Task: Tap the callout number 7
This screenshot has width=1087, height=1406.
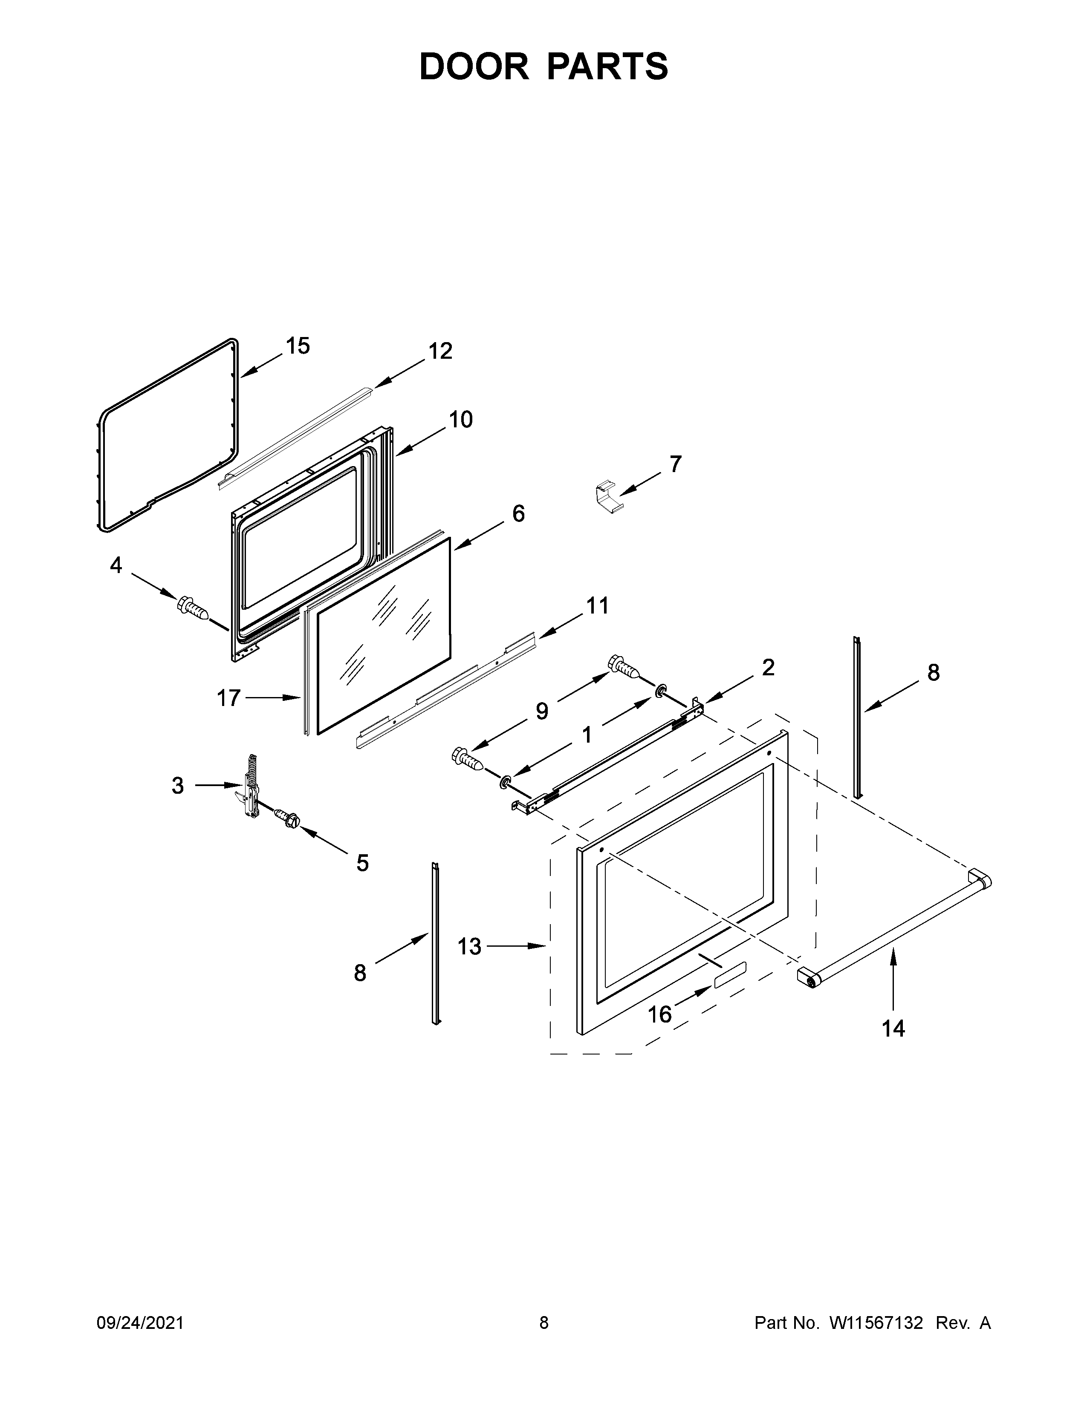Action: (x=675, y=464)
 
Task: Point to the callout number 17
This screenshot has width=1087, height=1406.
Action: (x=228, y=698)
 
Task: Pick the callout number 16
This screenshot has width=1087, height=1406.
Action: (x=659, y=1014)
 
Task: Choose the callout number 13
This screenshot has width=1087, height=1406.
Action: (x=469, y=946)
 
